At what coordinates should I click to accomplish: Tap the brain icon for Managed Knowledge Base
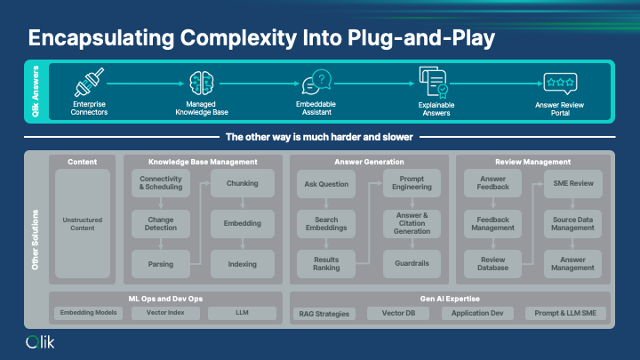tap(202, 83)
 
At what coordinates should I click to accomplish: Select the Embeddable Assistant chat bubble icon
tap(316, 84)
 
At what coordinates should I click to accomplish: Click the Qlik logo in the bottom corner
tap(41, 342)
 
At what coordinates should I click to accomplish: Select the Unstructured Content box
tap(83, 223)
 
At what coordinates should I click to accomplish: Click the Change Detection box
tap(160, 223)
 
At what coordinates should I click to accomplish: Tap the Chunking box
tap(242, 184)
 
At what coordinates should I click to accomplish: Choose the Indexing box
tap(242, 264)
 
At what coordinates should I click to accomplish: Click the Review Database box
tap(492, 264)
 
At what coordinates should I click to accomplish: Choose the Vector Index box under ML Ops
tap(164, 313)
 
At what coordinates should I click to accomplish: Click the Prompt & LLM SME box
tap(565, 313)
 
